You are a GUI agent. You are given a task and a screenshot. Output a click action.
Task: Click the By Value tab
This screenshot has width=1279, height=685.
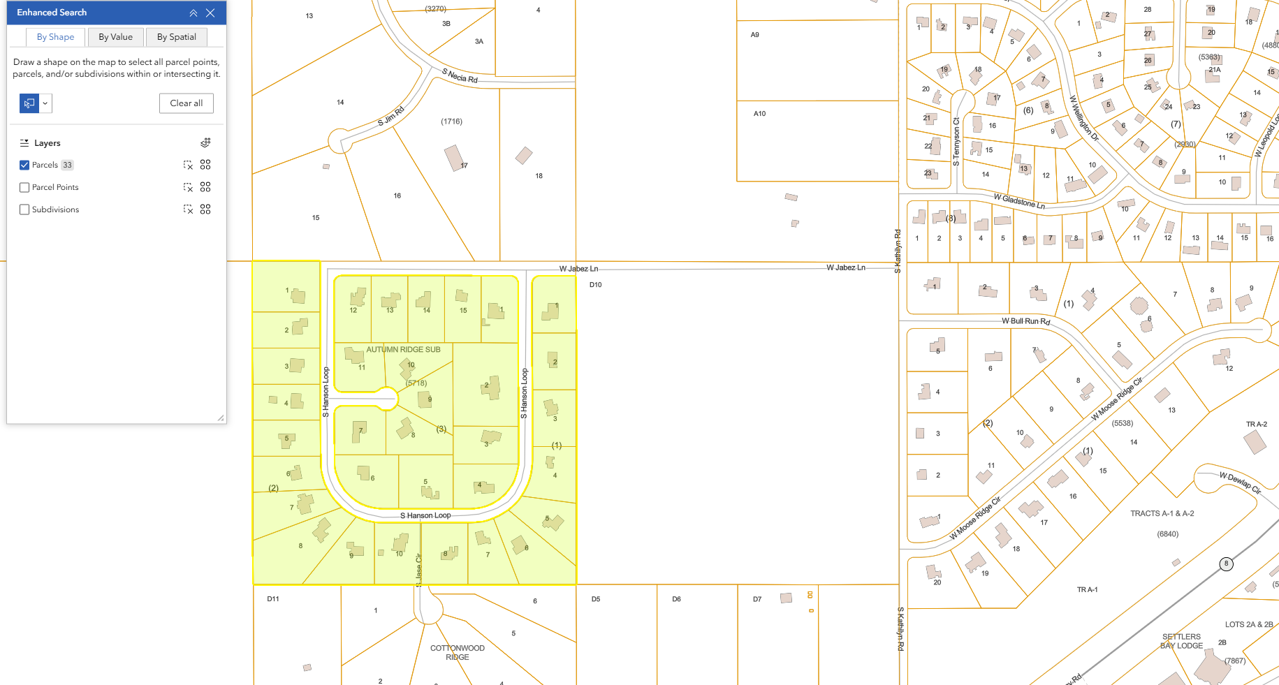coord(115,37)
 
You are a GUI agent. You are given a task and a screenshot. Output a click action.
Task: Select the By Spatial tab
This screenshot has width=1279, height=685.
coord(176,37)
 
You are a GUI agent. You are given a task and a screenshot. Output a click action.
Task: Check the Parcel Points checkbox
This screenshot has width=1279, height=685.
coord(24,187)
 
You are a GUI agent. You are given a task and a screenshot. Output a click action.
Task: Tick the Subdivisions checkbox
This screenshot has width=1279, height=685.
coord(24,209)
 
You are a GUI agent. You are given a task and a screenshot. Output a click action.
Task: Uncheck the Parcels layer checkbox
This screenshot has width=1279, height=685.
coord(24,165)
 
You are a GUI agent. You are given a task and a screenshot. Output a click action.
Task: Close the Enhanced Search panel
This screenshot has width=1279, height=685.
coord(210,13)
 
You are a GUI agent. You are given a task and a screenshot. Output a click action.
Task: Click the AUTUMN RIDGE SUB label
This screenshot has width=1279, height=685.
coord(403,349)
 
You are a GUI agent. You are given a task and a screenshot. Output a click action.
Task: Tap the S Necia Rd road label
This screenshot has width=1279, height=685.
coord(460,76)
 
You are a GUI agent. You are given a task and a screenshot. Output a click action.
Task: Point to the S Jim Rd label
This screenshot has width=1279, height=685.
coord(390,116)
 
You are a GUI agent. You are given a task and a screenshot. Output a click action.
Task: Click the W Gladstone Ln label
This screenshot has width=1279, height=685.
coord(1019,201)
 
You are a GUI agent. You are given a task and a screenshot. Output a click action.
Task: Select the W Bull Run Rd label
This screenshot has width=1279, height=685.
coord(1025,321)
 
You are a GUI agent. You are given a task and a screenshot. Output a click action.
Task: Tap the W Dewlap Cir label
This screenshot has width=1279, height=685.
coord(1240,483)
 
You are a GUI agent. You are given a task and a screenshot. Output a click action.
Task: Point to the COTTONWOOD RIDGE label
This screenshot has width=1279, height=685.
coord(458,652)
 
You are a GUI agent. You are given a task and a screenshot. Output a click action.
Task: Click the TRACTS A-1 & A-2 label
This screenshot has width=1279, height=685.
coord(1162,513)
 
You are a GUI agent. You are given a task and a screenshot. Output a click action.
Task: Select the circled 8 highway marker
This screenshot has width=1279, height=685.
coord(1226,564)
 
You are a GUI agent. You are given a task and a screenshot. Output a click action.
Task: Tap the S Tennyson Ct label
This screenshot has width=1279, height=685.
coord(956,141)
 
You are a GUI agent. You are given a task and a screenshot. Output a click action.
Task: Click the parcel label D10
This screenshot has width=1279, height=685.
coord(595,285)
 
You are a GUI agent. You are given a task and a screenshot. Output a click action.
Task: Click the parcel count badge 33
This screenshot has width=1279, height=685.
coord(67,165)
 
